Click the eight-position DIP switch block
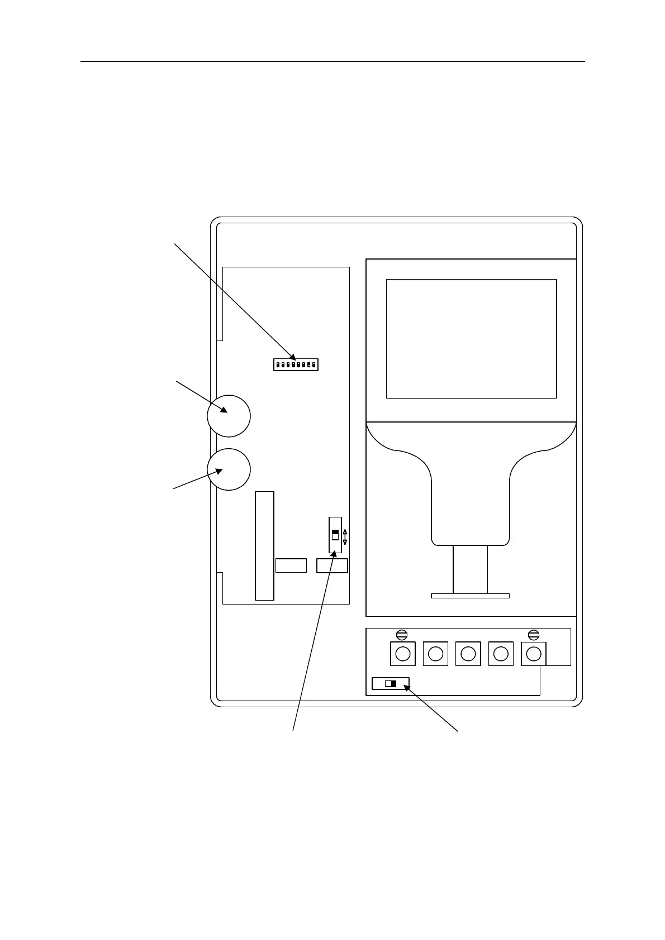(x=296, y=365)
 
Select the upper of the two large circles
(x=229, y=416)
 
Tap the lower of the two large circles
(x=229, y=469)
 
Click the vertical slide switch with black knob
(x=335, y=535)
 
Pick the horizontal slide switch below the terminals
(x=391, y=683)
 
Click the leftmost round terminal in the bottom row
(x=402, y=653)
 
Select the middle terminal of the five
(x=468, y=653)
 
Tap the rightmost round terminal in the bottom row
(x=534, y=653)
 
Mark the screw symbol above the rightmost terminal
(x=534, y=634)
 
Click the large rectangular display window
(x=471, y=339)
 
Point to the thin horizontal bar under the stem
(x=470, y=596)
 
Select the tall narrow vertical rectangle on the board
(x=265, y=546)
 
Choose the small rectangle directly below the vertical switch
(x=332, y=565)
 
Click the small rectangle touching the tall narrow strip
(x=291, y=565)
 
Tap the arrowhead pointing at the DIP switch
(x=293, y=356)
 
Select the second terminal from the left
(x=436, y=653)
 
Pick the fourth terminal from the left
(x=501, y=653)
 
